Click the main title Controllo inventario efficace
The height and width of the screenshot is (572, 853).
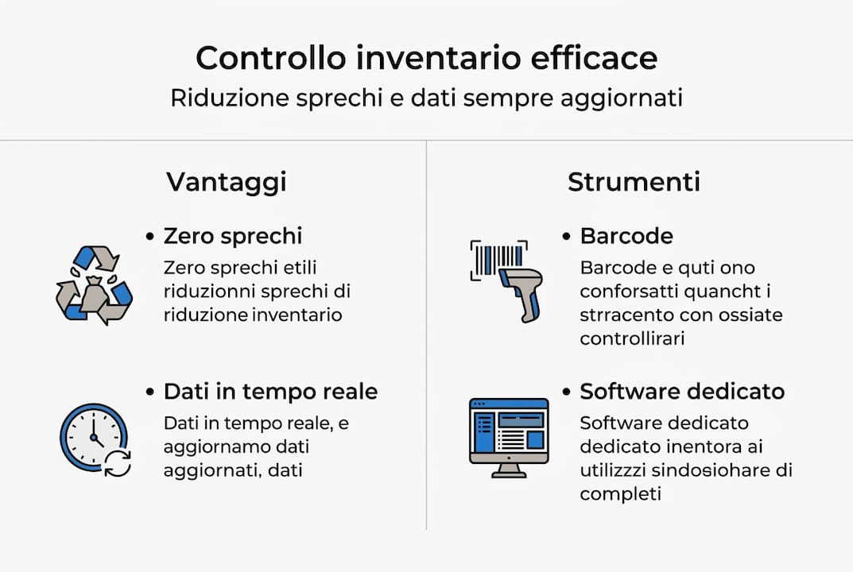[x=426, y=59]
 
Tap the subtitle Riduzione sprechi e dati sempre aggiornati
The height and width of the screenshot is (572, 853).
[x=426, y=99]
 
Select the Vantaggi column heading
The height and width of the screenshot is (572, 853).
[x=226, y=182]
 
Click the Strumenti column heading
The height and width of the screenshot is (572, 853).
[x=634, y=182]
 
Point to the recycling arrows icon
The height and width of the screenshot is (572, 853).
[x=94, y=285]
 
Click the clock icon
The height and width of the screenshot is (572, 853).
[x=94, y=438]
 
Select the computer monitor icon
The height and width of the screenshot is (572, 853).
[x=509, y=436]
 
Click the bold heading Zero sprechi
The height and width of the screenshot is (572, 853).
[x=233, y=236]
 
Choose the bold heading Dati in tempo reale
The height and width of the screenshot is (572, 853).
[x=270, y=392]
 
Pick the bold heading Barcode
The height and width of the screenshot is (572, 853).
[x=626, y=236]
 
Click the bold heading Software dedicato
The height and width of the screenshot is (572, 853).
[x=682, y=392]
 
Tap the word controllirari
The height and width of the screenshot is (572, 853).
[x=632, y=338]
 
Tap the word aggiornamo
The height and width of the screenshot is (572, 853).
[x=215, y=446]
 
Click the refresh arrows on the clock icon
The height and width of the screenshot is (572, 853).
[x=118, y=463]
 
